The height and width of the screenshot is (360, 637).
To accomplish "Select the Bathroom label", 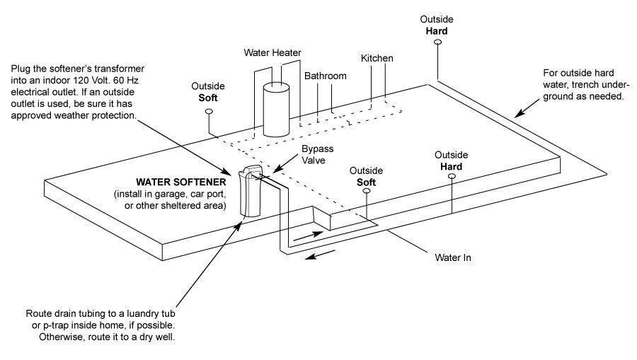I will [326, 75].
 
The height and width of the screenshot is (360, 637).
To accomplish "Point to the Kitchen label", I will [377, 57].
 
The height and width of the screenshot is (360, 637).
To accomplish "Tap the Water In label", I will [454, 257].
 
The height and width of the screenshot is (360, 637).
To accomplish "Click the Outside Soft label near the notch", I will [367, 176].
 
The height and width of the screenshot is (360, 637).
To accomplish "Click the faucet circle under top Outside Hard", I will [438, 43].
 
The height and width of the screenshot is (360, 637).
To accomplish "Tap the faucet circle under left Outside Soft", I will [209, 112].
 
